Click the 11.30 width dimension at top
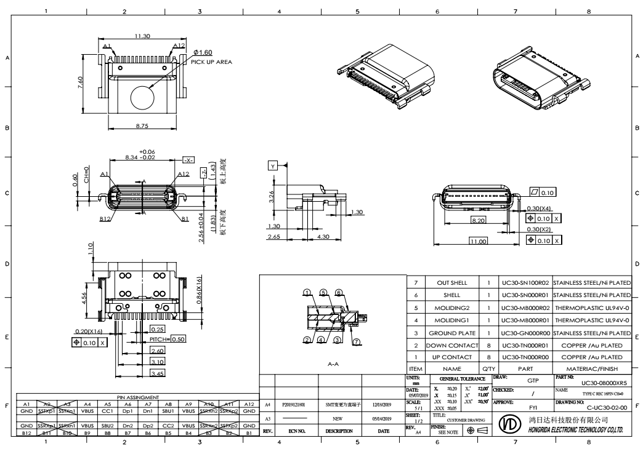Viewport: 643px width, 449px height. (142, 36)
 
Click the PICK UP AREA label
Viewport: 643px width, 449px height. (211, 62)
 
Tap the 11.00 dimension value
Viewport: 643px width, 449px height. (477, 241)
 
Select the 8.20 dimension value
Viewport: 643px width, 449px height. (478, 219)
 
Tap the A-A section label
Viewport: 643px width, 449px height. (333, 364)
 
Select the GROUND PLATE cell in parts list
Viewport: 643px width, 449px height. (451, 332)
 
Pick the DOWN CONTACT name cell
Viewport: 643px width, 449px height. (451, 344)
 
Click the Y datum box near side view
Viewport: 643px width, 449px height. (273, 166)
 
